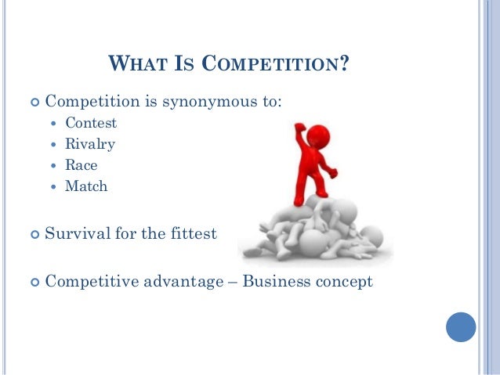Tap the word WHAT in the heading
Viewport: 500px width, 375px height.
(136, 62)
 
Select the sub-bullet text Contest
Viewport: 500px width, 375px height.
(91, 123)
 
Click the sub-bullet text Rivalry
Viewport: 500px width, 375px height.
(90, 144)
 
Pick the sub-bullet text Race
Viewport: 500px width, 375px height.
(82, 165)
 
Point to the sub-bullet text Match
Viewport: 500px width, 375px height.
(86, 186)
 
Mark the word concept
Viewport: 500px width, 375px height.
(343, 281)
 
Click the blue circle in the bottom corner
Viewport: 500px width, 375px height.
(461, 326)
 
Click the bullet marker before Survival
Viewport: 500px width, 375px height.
(33, 234)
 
